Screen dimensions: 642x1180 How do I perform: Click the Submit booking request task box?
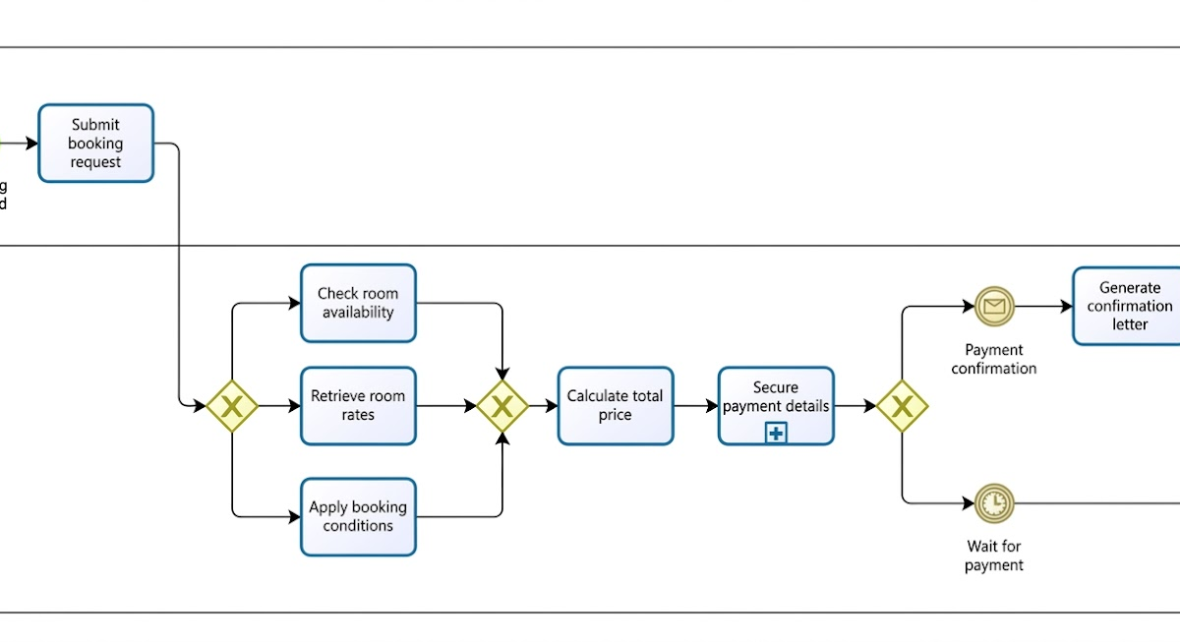[x=95, y=144]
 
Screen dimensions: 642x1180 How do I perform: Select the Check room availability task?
[x=358, y=303]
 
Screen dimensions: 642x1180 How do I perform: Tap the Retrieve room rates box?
[x=358, y=405]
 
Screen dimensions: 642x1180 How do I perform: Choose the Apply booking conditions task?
[x=358, y=516]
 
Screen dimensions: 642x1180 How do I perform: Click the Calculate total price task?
[x=616, y=405]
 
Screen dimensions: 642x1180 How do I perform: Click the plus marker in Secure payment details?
[x=776, y=433]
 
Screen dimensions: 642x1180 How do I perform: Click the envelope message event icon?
[x=994, y=307]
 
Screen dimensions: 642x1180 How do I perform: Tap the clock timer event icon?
[x=994, y=503]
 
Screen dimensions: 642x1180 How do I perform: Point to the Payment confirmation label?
[x=994, y=359]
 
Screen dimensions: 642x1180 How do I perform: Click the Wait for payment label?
[x=994, y=555]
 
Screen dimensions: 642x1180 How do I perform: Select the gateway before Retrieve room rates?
[x=232, y=406]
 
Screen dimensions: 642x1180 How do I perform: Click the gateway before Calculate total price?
[x=502, y=406]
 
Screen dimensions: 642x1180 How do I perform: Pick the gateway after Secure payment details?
[x=903, y=406]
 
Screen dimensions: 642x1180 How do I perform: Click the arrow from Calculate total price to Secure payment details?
[x=696, y=405]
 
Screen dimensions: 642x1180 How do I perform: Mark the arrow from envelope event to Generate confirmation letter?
[x=1042, y=307]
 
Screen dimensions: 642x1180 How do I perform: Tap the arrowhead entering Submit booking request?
[x=32, y=144]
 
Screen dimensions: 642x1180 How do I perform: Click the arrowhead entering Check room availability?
[x=294, y=303]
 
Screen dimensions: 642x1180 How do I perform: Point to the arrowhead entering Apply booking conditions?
[x=294, y=516]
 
